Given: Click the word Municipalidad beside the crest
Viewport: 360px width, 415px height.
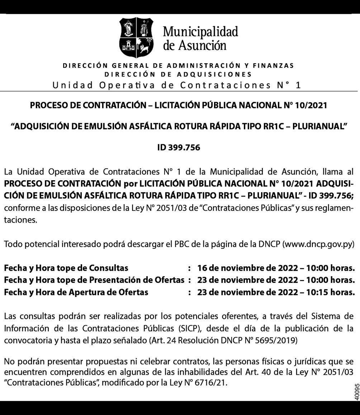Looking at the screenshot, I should (200, 32).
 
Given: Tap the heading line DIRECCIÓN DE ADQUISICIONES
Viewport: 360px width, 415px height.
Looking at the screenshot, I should (178, 74).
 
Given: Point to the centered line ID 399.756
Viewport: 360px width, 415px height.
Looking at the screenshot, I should (179, 147).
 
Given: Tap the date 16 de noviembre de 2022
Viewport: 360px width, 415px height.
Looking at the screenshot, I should (247, 268).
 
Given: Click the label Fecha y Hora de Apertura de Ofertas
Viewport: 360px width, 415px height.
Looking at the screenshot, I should (76, 292).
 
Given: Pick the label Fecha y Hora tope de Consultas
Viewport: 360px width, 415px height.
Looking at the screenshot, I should (66, 268).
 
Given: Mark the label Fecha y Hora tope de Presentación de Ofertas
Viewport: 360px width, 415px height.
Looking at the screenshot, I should (94, 280).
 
